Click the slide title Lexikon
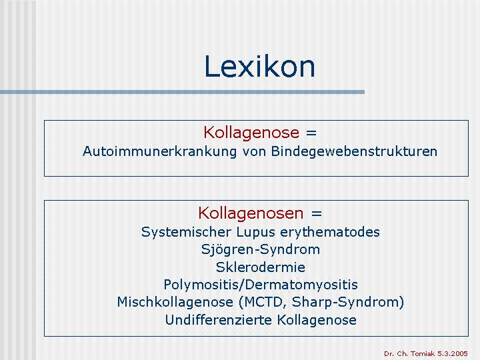click(259, 67)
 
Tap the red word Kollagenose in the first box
click(251, 133)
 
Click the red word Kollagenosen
click(251, 213)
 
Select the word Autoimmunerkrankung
click(159, 151)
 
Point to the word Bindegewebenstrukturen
click(354, 151)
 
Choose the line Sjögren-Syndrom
click(261, 250)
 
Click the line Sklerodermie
click(261, 267)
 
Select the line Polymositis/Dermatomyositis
click(261, 285)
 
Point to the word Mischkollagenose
click(175, 302)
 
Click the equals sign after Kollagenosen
click(317, 213)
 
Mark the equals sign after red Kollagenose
click(311, 133)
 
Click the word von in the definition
click(254, 152)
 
